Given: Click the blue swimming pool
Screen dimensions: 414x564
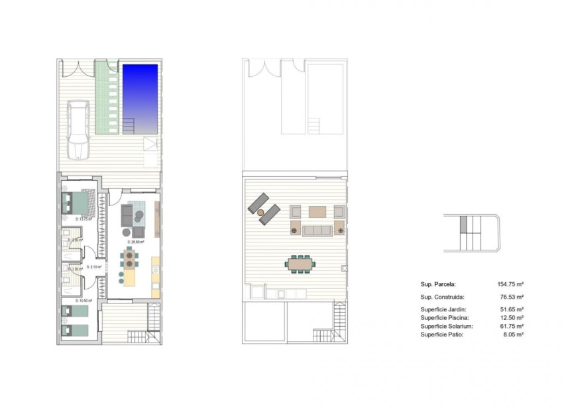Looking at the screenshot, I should (x=140, y=93).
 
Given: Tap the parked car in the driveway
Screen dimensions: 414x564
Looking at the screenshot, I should (x=80, y=129).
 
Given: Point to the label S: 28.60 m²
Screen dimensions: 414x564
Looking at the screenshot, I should (x=138, y=242).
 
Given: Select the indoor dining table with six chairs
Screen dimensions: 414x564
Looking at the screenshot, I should (x=129, y=258).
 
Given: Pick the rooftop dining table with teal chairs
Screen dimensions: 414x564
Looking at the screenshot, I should (x=301, y=264).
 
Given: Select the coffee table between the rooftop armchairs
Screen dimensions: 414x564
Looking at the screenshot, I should (x=318, y=212).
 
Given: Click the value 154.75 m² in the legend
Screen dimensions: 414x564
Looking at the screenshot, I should (x=511, y=284).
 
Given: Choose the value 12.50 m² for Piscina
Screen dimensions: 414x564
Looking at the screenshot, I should (x=514, y=318).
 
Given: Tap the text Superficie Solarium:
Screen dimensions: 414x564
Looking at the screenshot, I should (x=447, y=327).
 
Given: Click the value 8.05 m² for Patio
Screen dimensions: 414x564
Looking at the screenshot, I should (x=516, y=335).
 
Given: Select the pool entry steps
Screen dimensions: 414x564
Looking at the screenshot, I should (x=129, y=125).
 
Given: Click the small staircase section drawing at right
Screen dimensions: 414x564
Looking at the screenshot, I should (x=471, y=233).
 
